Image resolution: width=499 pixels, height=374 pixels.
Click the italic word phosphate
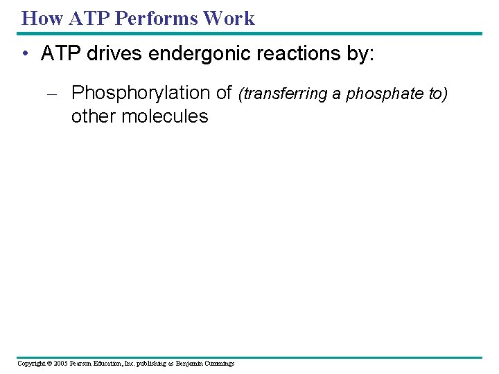pyautogui.click(x=379, y=94)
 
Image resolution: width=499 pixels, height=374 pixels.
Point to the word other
pyautogui.click(x=94, y=116)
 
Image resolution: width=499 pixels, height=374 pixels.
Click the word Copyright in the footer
pyautogui.click(x=30, y=364)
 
